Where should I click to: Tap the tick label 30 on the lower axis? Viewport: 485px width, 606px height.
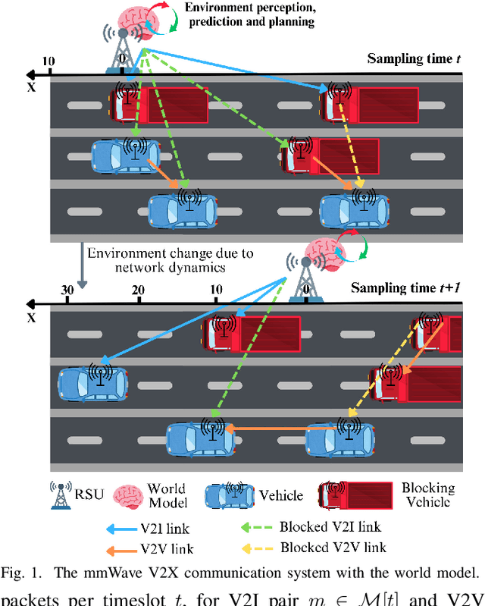66,290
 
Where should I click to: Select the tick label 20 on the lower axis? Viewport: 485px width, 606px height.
138,290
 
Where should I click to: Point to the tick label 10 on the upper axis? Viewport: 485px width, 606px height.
49,61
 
